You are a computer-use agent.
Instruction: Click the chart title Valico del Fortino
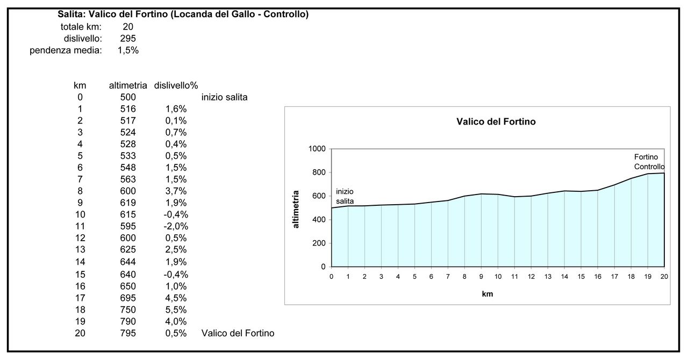click(x=496, y=122)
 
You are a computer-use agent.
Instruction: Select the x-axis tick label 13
click(x=548, y=276)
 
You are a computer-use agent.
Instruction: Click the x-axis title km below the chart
click(x=488, y=294)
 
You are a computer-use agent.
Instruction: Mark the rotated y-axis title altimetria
click(x=296, y=209)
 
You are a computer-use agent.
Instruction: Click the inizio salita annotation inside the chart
click(x=345, y=196)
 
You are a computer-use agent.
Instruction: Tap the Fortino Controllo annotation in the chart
click(x=649, y=162)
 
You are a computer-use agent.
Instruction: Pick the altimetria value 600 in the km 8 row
click(x=128, y=191)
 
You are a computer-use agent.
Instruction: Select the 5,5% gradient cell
click(x=176, y=309)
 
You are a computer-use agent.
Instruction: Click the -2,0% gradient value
click(x=176, y=226)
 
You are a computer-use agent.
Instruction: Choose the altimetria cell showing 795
click(x=128, y=333)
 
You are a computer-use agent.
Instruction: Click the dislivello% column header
click(x=176, y=85)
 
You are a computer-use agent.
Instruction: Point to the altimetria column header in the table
click(x=128, y=85)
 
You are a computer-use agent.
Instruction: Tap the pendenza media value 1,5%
click(x=128, y=51)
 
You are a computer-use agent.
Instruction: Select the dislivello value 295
click(x=128, y=38)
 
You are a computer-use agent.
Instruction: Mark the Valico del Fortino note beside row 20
click(x=238, y=333)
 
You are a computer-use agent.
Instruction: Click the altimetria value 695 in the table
click(x=128, y=298)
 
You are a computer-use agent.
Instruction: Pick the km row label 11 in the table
click(x=80, y=226)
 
